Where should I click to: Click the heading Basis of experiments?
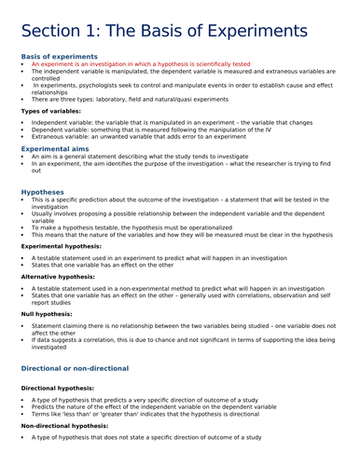(59, 56)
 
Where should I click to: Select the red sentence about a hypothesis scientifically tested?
(140, 65)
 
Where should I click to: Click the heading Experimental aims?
(57, 147)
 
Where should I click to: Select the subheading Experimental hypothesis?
(62, 246)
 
